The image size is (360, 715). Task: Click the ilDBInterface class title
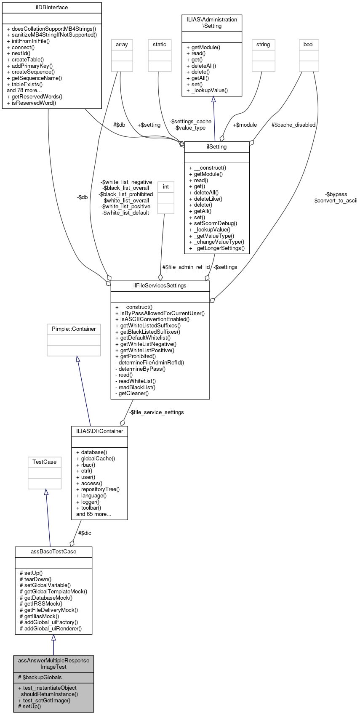point(52,8)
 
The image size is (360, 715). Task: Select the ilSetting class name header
point(217,147)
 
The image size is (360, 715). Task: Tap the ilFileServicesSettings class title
point(160,286)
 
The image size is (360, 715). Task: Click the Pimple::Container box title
point(74,329)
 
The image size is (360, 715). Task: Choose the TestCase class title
point(45,462)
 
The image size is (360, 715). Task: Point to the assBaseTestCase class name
point(53,552)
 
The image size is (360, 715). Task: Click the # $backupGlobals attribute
point(40,678)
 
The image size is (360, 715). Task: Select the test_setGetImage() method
point(44,700)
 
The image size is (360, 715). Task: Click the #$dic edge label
point(85,533)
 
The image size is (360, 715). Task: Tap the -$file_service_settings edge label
point(156,412)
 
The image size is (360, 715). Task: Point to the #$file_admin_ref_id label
point(186,267)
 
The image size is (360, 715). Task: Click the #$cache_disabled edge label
point(293,125)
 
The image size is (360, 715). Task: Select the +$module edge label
point(245,125)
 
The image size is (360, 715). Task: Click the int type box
point(166,187)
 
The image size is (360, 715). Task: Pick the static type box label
point(160,45)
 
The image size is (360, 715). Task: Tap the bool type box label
point(309,45)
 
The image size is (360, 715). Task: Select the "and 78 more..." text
point(24,90)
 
